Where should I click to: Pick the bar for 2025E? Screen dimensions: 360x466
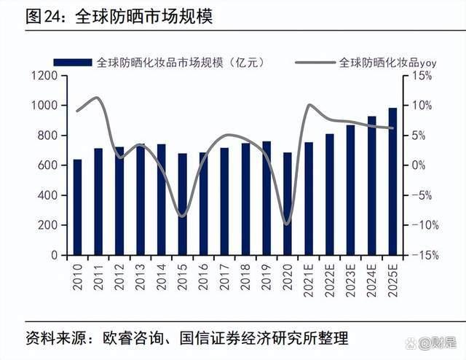point(393,181)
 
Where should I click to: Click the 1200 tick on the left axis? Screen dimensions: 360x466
point(44,76)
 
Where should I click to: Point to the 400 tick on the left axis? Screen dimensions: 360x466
point(47,195)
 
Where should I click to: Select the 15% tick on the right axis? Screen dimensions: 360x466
point(422,76)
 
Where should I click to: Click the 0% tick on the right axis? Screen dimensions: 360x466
point(419,165)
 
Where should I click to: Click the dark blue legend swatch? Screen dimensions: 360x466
point(71,63)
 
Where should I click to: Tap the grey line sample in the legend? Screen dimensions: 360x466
point(315,63)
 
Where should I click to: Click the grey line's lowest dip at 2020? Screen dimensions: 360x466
point(287,224)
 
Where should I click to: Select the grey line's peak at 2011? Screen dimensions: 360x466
point(98,97)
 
